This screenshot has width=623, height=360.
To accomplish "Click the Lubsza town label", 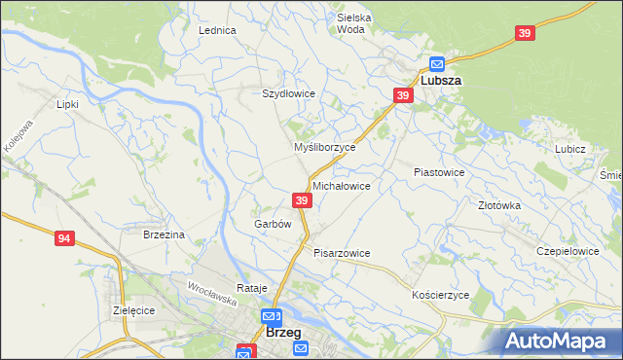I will [441, 83].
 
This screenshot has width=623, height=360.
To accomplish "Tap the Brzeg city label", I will [282, 333].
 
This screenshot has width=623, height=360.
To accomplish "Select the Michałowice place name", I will [341, 185].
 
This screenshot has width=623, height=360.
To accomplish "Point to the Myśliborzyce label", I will [325, 147].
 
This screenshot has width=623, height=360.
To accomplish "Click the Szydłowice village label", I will [288, 93].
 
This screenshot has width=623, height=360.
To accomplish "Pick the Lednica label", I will [218, 30].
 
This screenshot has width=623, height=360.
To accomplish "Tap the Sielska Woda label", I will [350, 23].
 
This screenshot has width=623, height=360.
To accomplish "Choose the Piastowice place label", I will [439, 172].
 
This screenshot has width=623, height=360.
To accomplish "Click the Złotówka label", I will [499, 206].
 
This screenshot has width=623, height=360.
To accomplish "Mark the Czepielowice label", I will [567, 251].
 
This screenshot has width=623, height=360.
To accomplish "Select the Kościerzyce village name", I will [440, 295].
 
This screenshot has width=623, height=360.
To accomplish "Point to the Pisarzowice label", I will [342, 253].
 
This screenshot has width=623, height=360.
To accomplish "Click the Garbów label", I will [273, 224].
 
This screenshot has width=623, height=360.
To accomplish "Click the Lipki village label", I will [67, 103].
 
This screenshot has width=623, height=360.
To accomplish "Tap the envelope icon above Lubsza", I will [436, 65].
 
